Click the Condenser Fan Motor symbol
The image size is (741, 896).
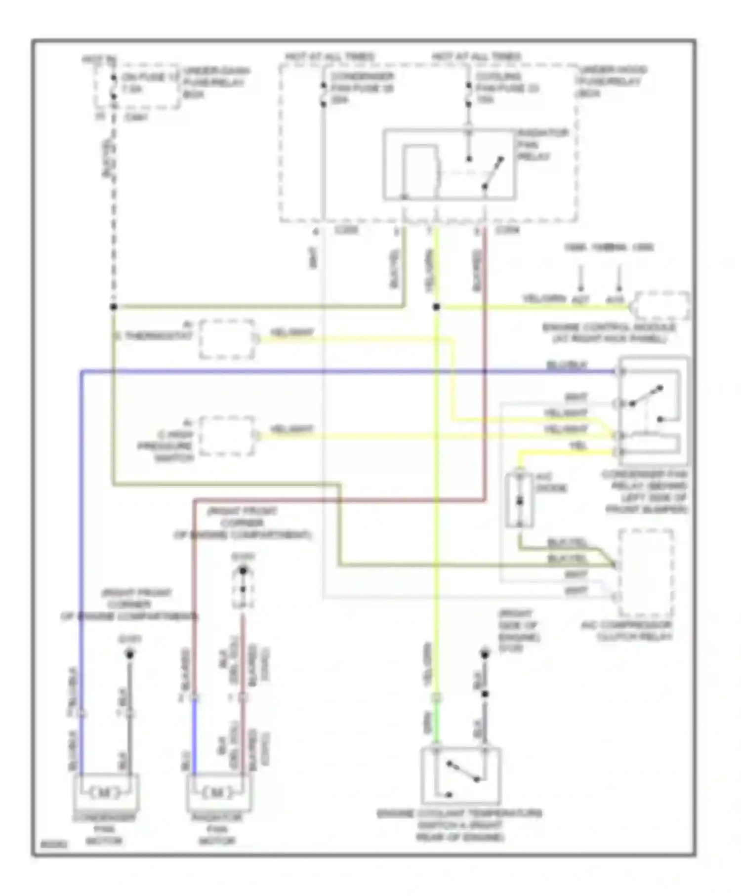tap(106, 792)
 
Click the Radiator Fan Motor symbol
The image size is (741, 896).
tap(219, 792)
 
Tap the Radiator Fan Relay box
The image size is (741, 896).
tap(450, 165)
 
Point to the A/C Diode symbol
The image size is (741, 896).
tap(519, 500)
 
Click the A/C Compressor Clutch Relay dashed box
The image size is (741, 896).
tap(646, 573)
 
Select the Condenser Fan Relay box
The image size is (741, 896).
tap(652, 411)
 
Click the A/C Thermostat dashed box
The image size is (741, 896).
tap(227, 339)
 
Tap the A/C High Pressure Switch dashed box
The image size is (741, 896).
tap(227, 435)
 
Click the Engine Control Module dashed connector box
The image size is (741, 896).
tap(662, 306)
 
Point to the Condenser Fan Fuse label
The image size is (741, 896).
tap(362, 88)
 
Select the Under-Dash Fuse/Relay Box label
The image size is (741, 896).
tap(216, 82)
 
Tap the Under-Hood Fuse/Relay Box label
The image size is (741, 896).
tap(612, 81)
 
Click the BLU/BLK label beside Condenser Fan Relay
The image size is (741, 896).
tap(567, 365)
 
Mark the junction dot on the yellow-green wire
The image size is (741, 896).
tap(436, 307)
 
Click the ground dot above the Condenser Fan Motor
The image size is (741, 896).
tap(130, 655)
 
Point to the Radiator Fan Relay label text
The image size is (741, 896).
tap(542, 145)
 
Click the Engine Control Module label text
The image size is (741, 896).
tap(609, 332)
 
